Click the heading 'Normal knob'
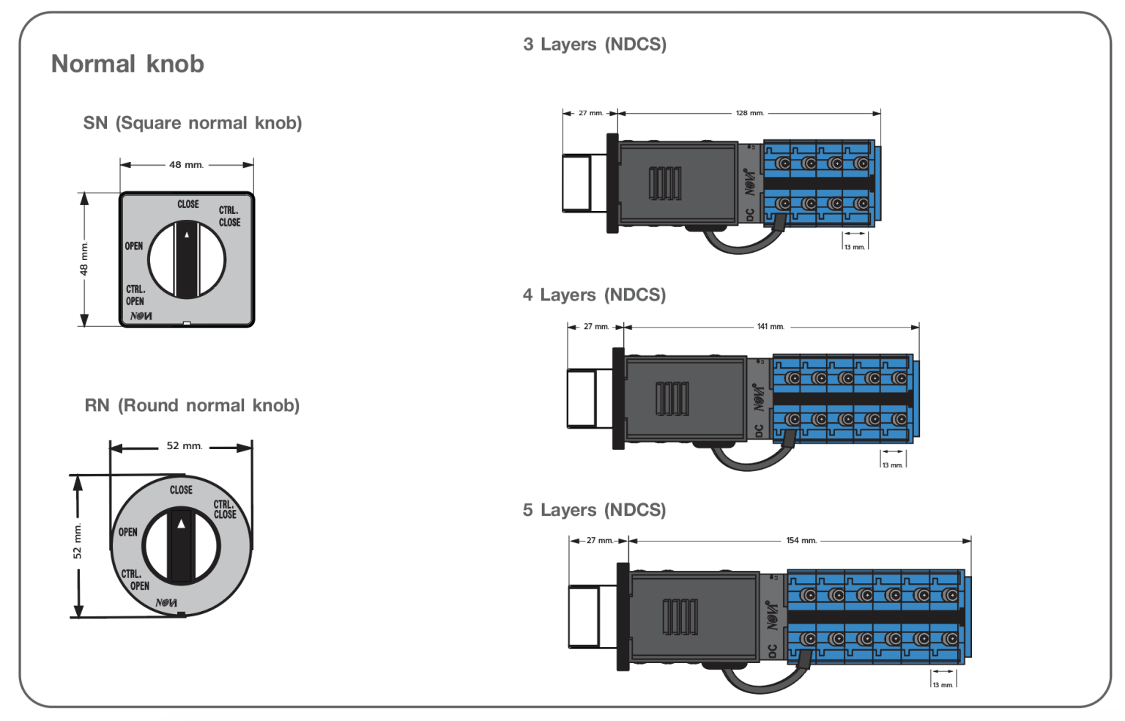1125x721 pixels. (127, 64)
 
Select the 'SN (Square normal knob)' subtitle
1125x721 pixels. (192, 122)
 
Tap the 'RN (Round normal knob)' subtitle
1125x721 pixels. (192, 405)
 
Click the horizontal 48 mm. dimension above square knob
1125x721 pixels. (186, 165)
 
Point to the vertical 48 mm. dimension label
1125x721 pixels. (83, 259)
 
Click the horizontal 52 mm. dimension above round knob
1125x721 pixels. (184, 445)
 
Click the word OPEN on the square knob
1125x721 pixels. (134, 246)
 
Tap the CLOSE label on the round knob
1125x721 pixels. (181, 489)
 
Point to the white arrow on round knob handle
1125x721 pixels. (181, 523)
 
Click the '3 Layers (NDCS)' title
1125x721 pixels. (595, 44)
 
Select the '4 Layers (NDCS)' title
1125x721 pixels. (594, 295)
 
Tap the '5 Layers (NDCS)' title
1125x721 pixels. (594, 510)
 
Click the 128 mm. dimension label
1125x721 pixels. (749, 113)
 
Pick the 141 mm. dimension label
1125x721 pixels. (771, 327)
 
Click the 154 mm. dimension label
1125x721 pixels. (801, 541)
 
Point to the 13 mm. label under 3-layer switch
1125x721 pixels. (854, 247)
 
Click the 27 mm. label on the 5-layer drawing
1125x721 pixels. (600, 541)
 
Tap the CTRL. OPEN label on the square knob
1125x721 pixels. (135, 295)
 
